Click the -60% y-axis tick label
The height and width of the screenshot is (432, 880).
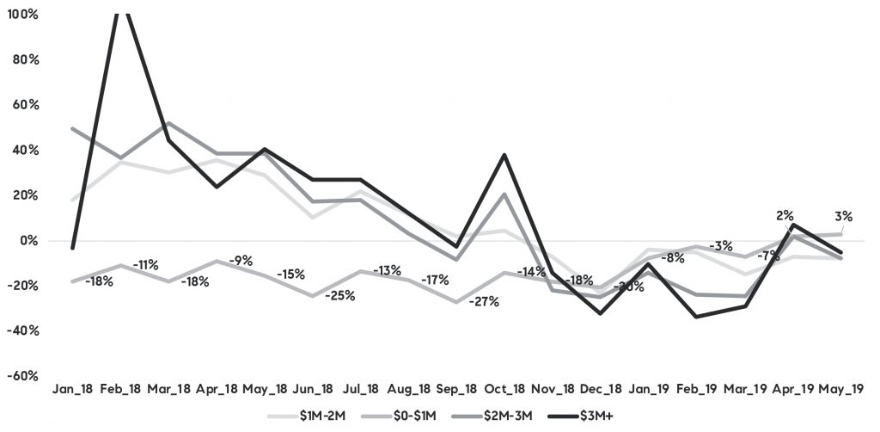(24, 376)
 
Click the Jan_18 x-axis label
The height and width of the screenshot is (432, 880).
(72, 390)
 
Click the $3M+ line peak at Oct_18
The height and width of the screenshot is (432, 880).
(504, 155)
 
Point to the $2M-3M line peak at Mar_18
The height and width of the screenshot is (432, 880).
(168, 123)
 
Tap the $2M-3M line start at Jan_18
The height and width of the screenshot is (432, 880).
(72, 129)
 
